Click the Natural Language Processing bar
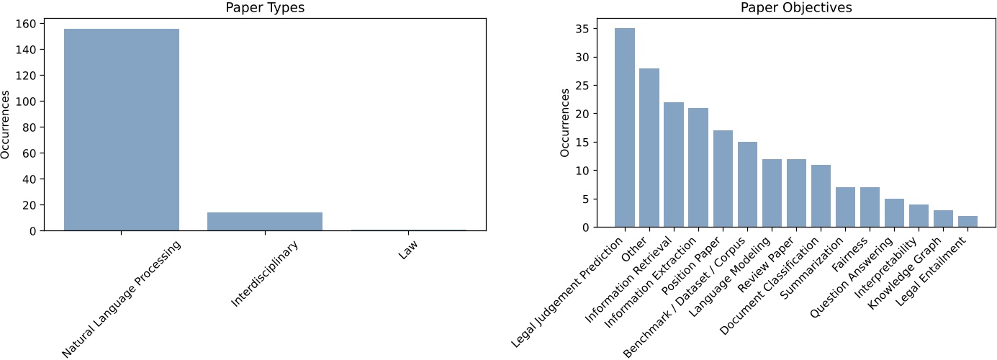122,130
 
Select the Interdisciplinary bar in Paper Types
265,221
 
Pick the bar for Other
649,148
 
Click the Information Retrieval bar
674,165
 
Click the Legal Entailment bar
967,222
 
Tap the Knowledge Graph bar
943,219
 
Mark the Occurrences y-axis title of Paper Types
6,125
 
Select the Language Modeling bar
772,193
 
